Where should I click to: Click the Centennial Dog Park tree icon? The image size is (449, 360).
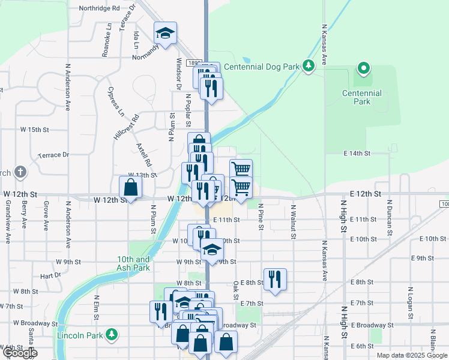point(309,65)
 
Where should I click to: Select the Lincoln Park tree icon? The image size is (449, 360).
point(111,334)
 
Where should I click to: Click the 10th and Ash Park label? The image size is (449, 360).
point(133,263)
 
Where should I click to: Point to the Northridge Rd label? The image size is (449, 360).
point(100,9)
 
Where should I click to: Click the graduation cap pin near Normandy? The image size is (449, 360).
point(164,34)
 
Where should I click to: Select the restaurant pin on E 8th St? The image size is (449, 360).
point(275,279)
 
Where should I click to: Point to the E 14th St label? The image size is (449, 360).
point(358,154)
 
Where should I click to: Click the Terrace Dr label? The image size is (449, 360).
point(53,155)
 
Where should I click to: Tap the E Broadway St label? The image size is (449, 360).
point(373,325)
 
